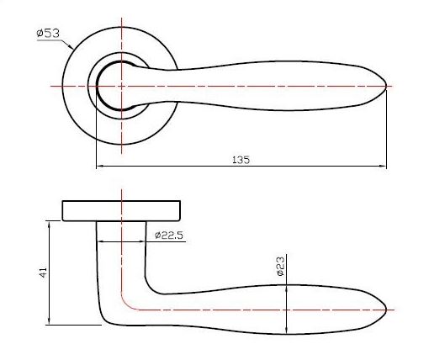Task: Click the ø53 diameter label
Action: tap(48, 34)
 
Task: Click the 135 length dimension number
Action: tap(241, 160)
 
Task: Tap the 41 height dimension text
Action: tap(43, 273)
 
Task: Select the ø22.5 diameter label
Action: tap(169, 236)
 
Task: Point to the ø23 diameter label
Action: tap(280, 266)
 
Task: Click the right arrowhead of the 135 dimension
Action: tap(383, 166)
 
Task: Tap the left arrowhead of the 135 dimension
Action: tap(100, 166)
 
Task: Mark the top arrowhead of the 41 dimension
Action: tap(50, 225)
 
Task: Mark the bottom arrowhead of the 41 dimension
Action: tap(50, 321)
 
